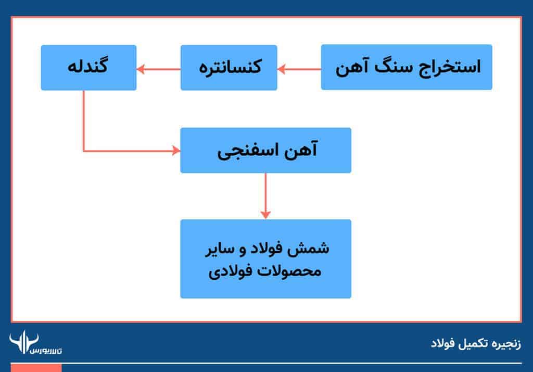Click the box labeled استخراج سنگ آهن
(x=406, y=67)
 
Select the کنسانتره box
(x=229, y=67)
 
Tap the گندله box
(x=88, y=67)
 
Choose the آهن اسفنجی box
(x=265, y=150)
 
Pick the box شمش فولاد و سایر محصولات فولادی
(x=265, y=258)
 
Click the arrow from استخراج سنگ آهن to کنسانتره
(x=299, y=68)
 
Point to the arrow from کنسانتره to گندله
(x=158, y=68)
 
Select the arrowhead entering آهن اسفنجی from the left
(x=176, y=151)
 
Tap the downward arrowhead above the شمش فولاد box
(x=265, y=214)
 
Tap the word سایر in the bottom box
(x=219, y=248)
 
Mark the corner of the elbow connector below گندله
(x=83, y=151)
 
